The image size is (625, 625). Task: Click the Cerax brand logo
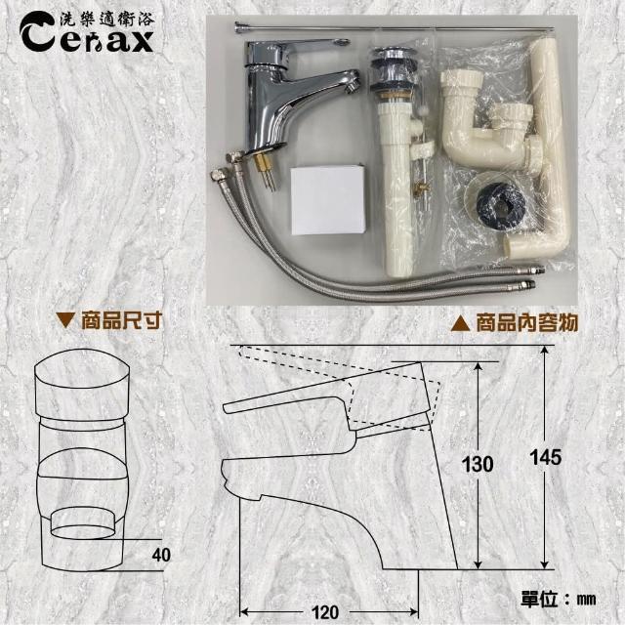tap(87, 32)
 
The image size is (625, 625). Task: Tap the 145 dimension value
tap(546, 457)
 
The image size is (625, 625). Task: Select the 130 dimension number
tap(478, 464)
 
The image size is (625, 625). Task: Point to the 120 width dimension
tap(324, 612)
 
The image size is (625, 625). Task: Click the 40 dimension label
tap(161, 555)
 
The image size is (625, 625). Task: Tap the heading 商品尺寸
tap(121, 321)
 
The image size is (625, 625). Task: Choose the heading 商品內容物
tap(526, 322)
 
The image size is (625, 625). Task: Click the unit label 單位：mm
tap(559, 599)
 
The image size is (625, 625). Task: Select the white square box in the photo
tap(328, 199)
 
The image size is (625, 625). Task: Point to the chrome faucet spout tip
tap(353, 83)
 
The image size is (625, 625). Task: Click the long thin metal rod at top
tap(395, 27)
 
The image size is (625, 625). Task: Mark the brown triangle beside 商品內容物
tap(460, 322)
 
